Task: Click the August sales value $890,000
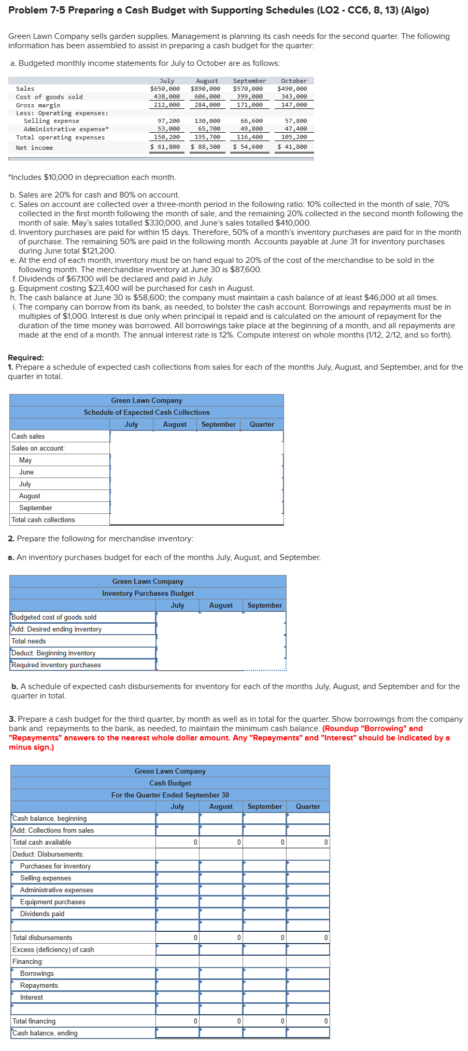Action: coord(205,89)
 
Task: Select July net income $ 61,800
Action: coord(165,147)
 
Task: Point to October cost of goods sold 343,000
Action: coord(294,96)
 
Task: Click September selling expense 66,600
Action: coord(251,121)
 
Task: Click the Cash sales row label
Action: coord(28,437)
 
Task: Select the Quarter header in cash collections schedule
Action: coord(262,425)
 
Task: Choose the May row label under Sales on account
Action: coord(25,460)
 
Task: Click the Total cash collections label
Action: coord(43,520)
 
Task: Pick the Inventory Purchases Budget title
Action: coord(148,594)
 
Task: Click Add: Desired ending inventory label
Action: coord(56,629)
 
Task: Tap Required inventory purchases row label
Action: coord(56,665)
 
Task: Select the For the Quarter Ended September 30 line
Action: coord(170,795)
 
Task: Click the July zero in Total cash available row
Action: coord(195,842)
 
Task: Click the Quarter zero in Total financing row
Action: coord(325,1021)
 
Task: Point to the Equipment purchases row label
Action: coord(52,902)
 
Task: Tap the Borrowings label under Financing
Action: coord(37,973)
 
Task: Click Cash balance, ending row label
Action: coord(45,1033)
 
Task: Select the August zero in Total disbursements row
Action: coord(238,937)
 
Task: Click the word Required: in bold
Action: coord(26,358)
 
